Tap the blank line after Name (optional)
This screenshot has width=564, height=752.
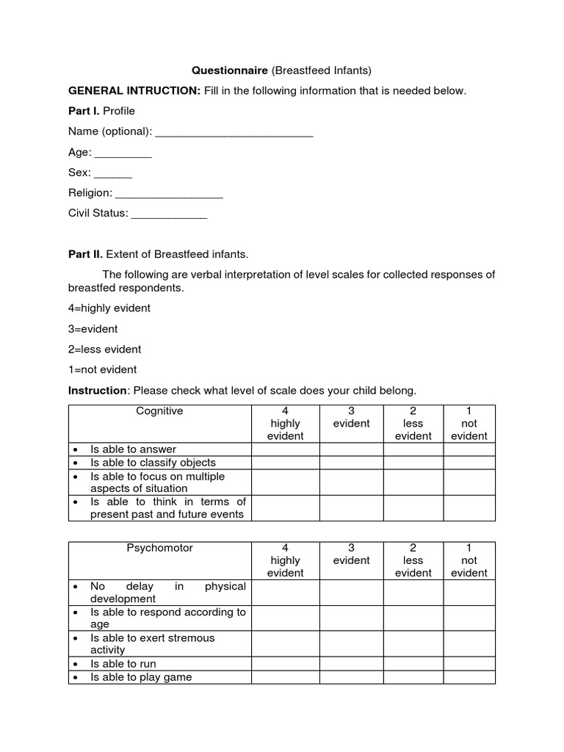tap(234, 132)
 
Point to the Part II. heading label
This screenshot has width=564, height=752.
tap(86, 254)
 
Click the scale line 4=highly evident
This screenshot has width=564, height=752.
tap(109, 308)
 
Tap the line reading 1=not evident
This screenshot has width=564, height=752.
tap(103, 369)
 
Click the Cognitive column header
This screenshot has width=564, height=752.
tap(159, 411)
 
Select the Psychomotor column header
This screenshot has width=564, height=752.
tap(159, 549)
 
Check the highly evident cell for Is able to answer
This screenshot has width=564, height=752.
tap(285, 449)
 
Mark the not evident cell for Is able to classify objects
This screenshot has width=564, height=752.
tap(469, 463)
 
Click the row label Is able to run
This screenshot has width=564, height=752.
tap(123, 664)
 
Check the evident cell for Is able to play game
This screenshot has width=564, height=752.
tap(351, 677)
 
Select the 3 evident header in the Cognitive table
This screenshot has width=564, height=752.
tap(351, 417)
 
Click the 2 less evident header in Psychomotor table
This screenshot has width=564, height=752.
tap(413, 560)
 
